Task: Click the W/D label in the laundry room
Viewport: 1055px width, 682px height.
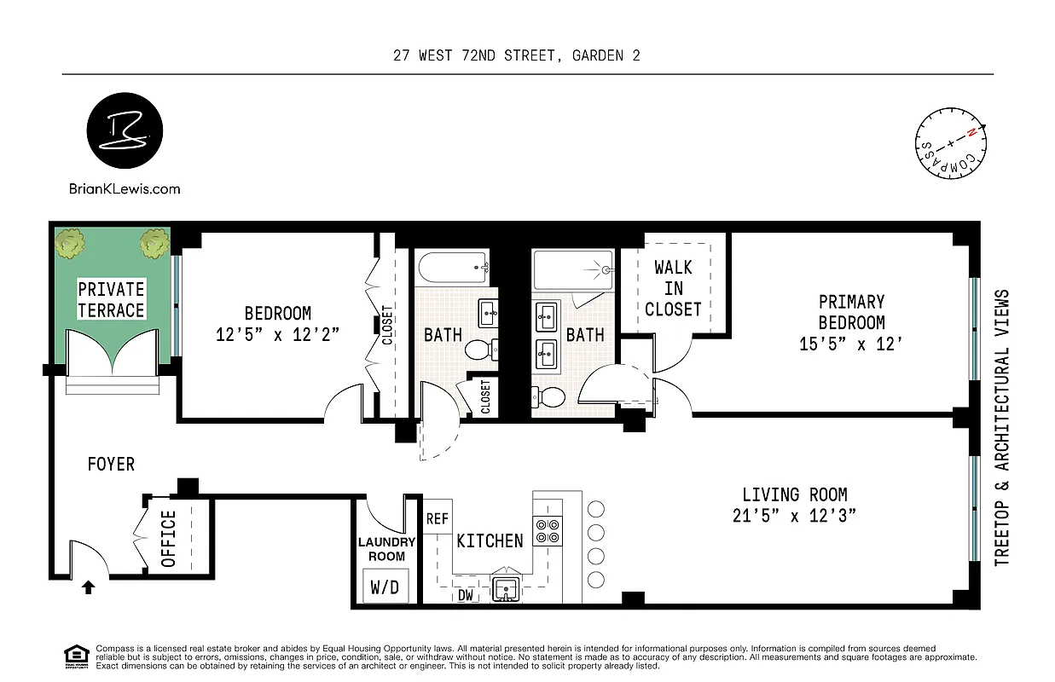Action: tap(384, 587)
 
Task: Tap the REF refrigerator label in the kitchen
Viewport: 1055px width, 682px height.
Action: tap(438, 519)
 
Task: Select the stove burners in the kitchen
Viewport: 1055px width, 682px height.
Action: tap(548, 531)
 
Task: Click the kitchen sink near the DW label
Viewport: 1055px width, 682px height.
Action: tap(507, 589)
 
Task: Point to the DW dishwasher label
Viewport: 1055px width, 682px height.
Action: tap(466, 596)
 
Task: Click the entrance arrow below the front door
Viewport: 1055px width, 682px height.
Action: tap(88, 586)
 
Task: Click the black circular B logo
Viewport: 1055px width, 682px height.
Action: tap(125, 134)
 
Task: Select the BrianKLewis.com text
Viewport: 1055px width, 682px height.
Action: tap(125, 188)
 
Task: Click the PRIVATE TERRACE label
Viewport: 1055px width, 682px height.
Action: tap(112, 299)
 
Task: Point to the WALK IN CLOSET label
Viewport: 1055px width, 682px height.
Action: tap(673, 288)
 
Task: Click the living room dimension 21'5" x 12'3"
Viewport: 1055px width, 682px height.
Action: tap(794, 515)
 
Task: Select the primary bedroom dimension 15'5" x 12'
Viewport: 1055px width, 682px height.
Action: tap(851, 344)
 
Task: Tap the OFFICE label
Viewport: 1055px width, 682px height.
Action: tap(168, 539)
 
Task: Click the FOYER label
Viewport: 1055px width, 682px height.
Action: tap(111, 465)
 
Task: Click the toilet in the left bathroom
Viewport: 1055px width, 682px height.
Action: tap(478, 350)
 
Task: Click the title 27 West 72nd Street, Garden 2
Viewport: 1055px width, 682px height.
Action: tap(517, 56)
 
